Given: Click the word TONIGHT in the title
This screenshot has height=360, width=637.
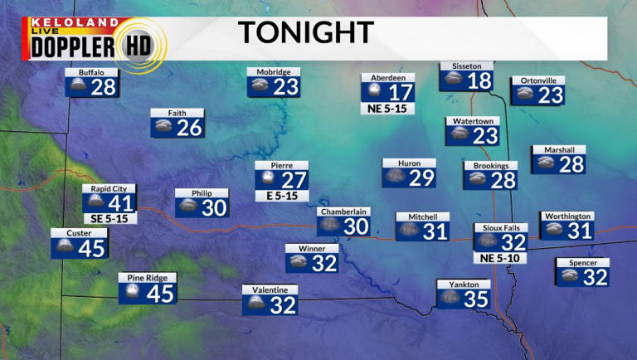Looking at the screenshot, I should tap(305, 32).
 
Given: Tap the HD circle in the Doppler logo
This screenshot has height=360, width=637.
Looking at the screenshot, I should tap(142, 46).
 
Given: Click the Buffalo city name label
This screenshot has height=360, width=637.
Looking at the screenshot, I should tap(91, 72).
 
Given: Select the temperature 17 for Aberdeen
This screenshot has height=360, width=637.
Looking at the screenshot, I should tap(401, 92).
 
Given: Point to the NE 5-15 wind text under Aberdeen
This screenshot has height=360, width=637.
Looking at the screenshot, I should tap(387, 108).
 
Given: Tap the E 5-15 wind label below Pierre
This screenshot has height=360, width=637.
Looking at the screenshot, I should tap(282, 197).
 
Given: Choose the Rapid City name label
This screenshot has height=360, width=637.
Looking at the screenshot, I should tap(109, 189).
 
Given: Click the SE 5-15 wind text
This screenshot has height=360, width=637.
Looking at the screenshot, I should tap(109, 218).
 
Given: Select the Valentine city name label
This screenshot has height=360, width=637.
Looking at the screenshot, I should tap(270, 289).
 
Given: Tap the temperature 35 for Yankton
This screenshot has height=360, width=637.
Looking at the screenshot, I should tap(476, 299).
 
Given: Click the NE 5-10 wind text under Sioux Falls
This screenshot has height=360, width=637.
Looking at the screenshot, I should tap(500, 257).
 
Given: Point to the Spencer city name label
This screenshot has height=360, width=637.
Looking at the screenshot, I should tap(582, 263).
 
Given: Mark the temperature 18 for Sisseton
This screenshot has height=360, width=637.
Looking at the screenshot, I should tap(479, 80).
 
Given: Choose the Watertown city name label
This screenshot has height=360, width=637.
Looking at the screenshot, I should tap(473, 121).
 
